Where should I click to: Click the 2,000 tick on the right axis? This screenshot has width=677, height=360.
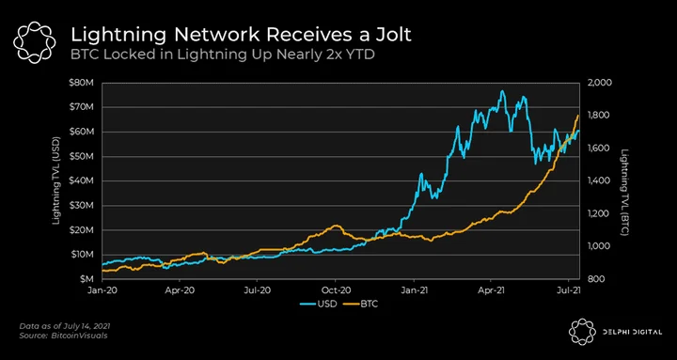(595, 83)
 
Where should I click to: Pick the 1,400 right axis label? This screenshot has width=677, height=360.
(595, 180)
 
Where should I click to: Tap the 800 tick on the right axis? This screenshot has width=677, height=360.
(592, 279)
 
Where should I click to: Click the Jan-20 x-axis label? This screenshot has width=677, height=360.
(102, 291)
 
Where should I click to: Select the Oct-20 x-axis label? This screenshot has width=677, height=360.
(336, 291)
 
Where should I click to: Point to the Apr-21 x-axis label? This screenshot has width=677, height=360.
(492, 291)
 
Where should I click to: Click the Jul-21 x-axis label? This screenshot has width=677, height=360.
(570, 291)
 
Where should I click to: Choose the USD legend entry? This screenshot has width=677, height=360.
(319, 305)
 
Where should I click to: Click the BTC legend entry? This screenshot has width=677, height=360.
(360, 305)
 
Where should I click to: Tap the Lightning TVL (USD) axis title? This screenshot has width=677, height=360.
(56, 180)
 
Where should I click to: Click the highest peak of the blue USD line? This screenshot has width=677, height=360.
(502, 91)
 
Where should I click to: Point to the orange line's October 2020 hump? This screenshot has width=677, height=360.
(336, 226)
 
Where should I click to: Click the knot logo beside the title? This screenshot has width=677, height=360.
(35, 42)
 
